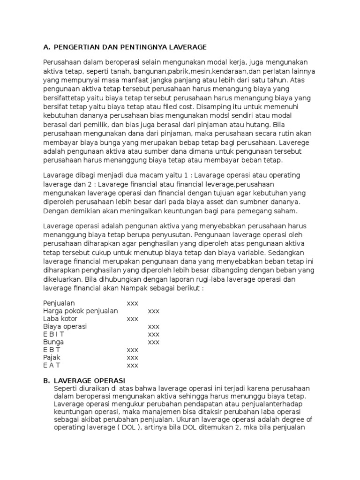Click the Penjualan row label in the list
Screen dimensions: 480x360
coord(59,303)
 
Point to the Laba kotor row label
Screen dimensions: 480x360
coord(60,319)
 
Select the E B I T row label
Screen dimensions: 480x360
coord(53,334)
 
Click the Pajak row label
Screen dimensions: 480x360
coord(52,357)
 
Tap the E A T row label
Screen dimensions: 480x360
coord(52,365)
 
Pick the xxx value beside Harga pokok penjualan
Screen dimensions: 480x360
coord(154,311)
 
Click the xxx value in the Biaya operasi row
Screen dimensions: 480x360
coord(154,326)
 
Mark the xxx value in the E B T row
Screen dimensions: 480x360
coord(133,350)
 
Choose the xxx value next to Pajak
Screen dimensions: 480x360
coord(133,357)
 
